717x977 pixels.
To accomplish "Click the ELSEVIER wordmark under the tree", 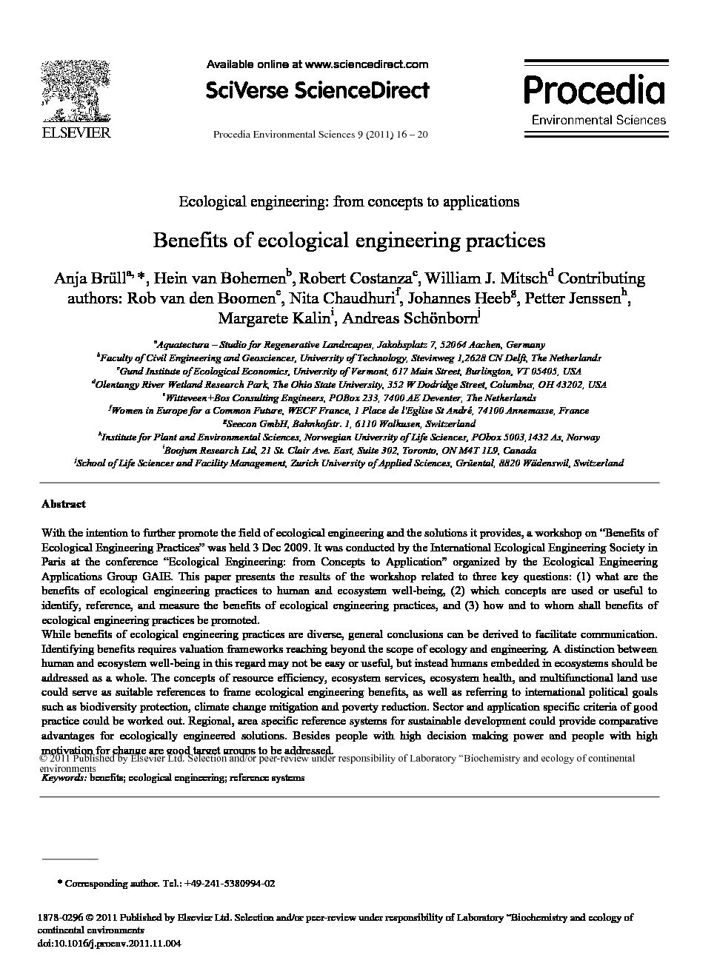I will click(x=74, y=132).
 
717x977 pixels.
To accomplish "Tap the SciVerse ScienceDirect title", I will click(x=317, y=90).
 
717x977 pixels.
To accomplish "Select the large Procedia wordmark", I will click(x=595, y=90).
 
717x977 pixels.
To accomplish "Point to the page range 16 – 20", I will click(x=411, y=135).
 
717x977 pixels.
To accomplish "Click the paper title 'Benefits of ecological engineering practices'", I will click(x=349, y=241).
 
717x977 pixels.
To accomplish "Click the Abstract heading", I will click(x=63, y=504).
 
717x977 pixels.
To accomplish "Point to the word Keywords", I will click(x=64, y=778).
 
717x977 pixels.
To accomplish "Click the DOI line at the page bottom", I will click(x=109, y=944).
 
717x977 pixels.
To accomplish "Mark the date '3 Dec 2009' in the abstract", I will click(x=278, y=548).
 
